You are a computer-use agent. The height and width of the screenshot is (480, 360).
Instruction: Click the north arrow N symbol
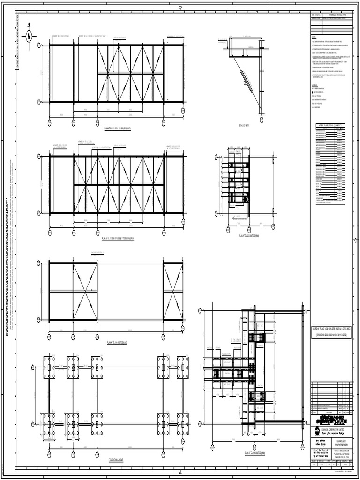coord(29,36)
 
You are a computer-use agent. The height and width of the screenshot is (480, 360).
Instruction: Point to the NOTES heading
coord(314,37)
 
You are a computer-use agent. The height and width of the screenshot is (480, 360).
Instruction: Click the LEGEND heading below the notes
coord(315,85)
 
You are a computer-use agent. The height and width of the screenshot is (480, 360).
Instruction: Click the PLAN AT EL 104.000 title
coord(117,343)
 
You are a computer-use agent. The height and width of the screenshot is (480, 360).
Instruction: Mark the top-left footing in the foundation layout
coord(49,367)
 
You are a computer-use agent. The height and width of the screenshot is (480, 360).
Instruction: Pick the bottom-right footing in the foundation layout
coord(182,424)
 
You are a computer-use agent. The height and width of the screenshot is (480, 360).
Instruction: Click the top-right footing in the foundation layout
coord(182,367)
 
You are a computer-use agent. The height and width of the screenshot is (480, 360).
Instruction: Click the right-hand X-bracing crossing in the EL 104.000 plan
coord(173,292)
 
